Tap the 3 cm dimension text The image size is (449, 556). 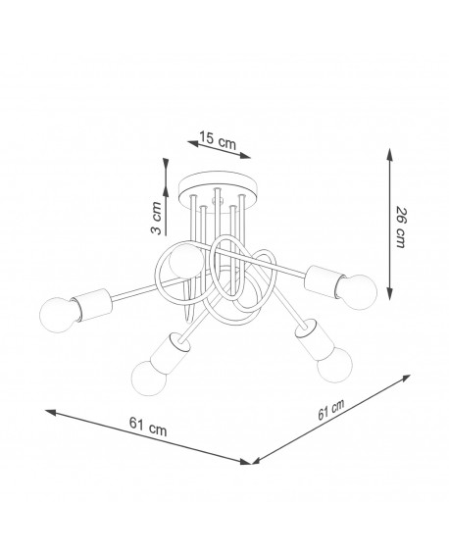click(156, 218)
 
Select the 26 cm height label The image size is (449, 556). click(401, 227)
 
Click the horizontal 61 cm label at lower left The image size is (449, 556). click(148, 427)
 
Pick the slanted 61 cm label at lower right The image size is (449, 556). click(330, 410)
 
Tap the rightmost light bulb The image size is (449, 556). click(357, 292)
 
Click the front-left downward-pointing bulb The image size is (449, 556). click(149, 379)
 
